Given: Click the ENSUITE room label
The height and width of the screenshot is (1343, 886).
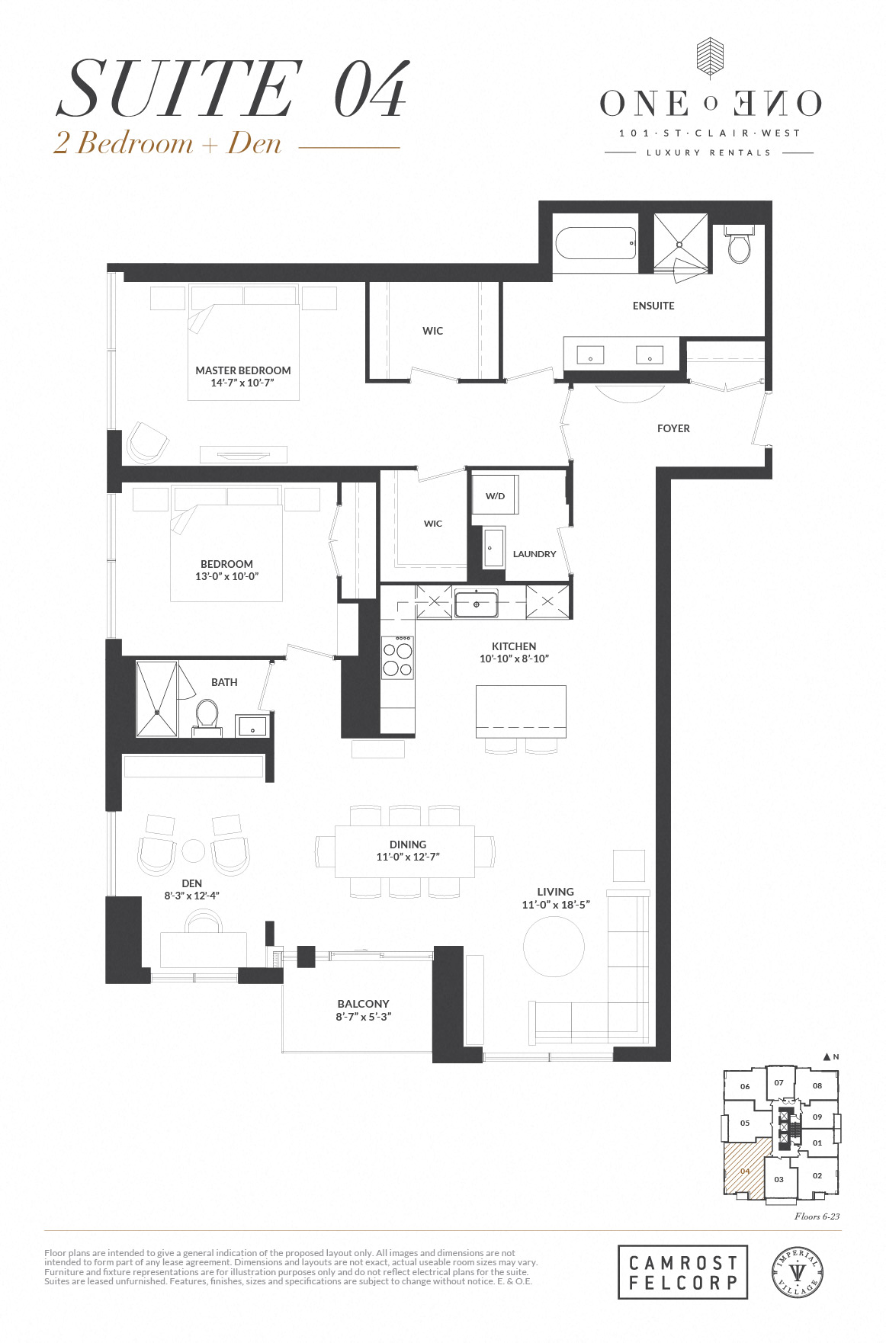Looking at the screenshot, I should click(x=653, y=306).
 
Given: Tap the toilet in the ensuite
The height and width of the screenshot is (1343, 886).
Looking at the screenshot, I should click(x=739, y=245).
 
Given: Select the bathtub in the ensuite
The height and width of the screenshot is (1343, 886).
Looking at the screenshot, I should click(x=595, y=244).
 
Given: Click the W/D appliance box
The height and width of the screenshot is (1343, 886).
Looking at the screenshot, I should click(x=496, y=496).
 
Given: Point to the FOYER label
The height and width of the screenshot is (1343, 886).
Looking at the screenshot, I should click(x=673, y=428).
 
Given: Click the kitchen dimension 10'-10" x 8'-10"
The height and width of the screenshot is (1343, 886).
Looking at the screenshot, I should click(x=514, y=659).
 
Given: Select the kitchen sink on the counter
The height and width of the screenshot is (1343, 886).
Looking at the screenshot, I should click(x=476, y=604).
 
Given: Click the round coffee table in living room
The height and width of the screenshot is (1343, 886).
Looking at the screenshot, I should click(x=554, y=946).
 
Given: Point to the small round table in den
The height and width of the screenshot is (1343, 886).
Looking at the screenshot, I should click(x=194, y=850).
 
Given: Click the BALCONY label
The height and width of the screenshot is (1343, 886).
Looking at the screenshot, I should click(x=363, y=1004).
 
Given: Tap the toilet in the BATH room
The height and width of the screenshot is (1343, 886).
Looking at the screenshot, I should click(x=207, y=716).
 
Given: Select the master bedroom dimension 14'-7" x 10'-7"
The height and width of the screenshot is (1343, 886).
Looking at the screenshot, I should click(x=242, y=383).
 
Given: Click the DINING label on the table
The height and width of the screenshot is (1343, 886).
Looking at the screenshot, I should click(x=408, y=845).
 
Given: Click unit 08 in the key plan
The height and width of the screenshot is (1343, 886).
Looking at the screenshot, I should click(x=817, y=1085).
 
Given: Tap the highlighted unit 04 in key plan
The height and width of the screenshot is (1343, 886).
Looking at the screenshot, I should click(x=745, y=1171).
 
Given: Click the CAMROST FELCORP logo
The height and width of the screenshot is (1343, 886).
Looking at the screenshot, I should click(x=682, y=1271).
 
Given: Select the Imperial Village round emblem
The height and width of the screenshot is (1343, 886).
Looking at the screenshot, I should click(x=798, y=1271).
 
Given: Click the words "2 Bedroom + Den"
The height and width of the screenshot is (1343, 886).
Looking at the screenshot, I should click(x=168, y=143).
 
